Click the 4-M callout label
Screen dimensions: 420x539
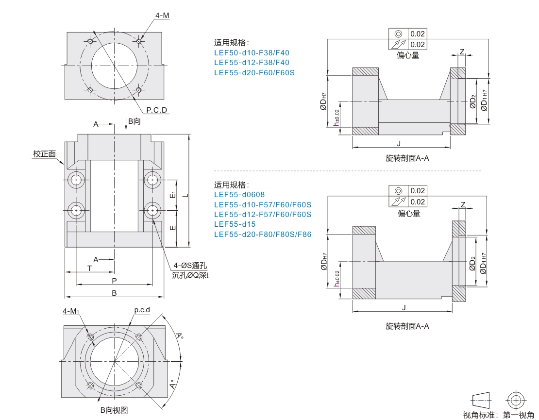tap(162, 16)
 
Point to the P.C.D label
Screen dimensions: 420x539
tap(157, 110)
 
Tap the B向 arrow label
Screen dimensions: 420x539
tap(134, 121)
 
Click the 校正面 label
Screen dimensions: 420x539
tap(44, 154)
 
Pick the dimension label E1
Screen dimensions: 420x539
tap(173, 195)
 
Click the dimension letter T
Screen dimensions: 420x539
tap(89, 268)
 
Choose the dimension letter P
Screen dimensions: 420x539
tap(114, 281)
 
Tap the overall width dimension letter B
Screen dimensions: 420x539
tap(114, 293)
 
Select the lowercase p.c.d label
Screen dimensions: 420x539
tap(142, 310)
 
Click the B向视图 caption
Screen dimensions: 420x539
tap(114, 410)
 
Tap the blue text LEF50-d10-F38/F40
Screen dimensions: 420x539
tap(252, 52)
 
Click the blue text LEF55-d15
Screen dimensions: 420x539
tap(235, 224)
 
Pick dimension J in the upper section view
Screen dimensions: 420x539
tap(399, 143)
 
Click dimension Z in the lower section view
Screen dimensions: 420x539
tap(463, 205)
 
